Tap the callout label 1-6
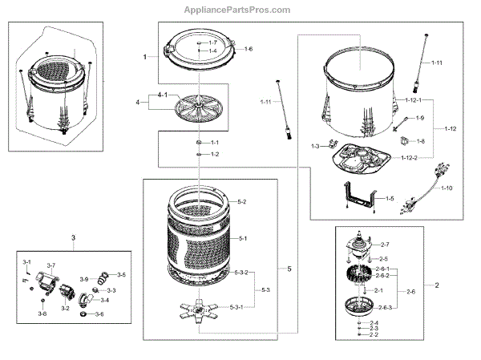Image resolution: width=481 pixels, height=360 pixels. [x=249, y=50]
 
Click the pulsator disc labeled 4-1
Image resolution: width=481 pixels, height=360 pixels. [x=196, y=105]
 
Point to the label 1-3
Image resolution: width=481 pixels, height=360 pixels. [x=315, y=146]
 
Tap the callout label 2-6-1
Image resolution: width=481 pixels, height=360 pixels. [x=383, y=269]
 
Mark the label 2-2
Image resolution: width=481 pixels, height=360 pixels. [x=373, y=335]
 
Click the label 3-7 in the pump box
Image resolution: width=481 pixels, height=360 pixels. [x=51, y=265]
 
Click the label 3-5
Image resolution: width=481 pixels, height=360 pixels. [x=121, y=275]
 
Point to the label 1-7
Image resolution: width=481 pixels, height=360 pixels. [x=212, y=42]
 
